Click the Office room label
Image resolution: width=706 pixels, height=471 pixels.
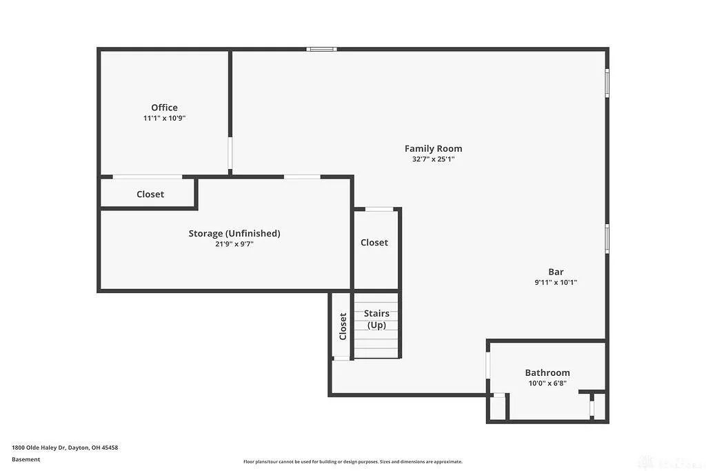[x=164, y=108]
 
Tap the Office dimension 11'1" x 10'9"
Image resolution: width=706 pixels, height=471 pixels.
[x=164, y=118]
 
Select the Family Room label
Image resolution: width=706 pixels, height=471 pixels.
[x=433, y=148]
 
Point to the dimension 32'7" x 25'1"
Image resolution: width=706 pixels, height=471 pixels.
[x=433, y=159]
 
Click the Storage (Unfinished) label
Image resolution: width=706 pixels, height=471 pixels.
[x=234, y=233]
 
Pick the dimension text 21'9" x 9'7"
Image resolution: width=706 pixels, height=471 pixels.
[x=234, y=243]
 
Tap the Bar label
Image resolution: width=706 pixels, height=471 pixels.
[x=556, y=272]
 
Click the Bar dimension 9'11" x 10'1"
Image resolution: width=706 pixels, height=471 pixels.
[x=556, y=282]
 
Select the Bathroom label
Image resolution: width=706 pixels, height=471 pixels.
[x=547, y=372]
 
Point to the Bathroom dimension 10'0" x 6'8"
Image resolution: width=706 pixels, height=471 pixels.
[x=547, y=383]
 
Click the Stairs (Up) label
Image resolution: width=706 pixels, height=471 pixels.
[x=376, y=319]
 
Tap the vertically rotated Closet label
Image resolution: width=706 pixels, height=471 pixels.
[x=343, y=326]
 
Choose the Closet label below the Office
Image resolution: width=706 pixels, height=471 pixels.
[x=150, y=194]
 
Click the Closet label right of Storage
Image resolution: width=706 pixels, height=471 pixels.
[x=374, y=243]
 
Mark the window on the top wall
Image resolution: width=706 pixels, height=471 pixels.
[x=321, y=49]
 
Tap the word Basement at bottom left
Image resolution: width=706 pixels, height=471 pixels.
[x=26, y=459]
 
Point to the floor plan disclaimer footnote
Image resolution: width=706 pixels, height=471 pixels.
[x=352, y=462]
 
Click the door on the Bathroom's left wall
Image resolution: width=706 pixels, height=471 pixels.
[x=487, y=365]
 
